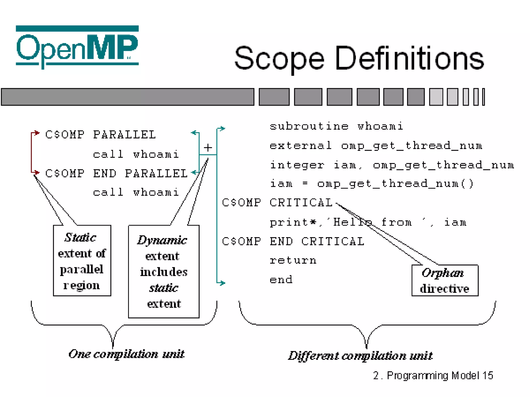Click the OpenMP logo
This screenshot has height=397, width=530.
tap(77, 47)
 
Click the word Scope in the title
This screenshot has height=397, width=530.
tap(279, 59)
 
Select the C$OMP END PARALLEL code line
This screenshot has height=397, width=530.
tap(116, 173)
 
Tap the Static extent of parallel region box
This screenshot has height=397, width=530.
tap(82, 261)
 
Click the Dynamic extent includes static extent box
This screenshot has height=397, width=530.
tap(164, 271)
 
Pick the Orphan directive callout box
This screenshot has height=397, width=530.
tap(445, 280)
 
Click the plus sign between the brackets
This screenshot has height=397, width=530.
tap(208, 148)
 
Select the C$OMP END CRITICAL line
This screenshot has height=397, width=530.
tap(293, 241)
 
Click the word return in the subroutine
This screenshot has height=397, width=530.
tap(293, 260)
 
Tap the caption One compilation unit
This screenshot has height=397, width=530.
tap(126, 354)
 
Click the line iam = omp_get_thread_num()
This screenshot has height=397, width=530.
tap(372, 184)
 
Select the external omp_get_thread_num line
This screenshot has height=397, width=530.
tap(376, 146)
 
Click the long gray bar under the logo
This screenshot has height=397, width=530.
tap(128, 97)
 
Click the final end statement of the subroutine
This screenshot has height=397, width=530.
tap(281, 280)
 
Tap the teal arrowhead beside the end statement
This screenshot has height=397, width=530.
tap(222, 283)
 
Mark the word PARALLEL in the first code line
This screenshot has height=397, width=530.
tap(124, 135)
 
